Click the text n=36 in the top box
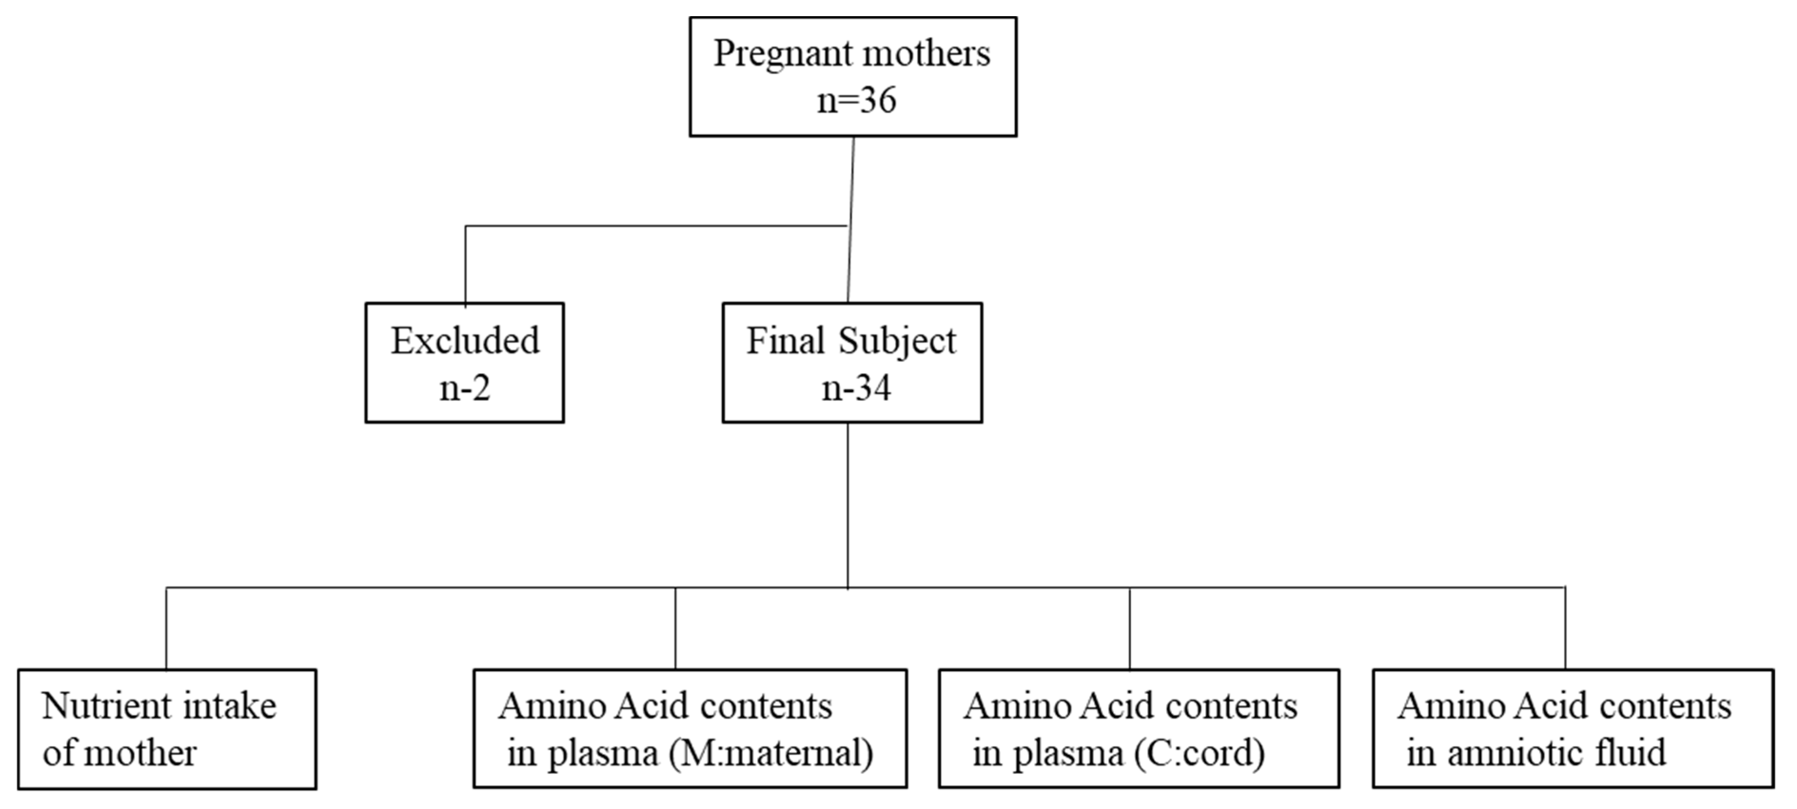click(856, 100)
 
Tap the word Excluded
click(465, 341)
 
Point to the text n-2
click(465, 388)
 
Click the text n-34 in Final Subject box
click(856, 388)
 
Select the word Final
click(785, 341)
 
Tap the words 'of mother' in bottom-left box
click(119, 753)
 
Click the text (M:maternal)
click(771, 754)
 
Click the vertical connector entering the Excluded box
click(465, 265)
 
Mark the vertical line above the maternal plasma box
click(675, 628)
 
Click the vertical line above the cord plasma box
click(1129, 628)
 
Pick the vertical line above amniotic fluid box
click(1565, 628)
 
